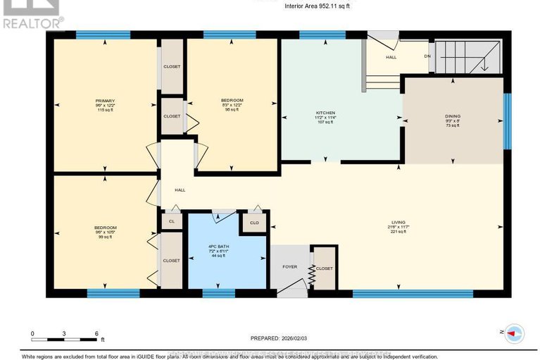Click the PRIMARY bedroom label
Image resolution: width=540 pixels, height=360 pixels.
105,101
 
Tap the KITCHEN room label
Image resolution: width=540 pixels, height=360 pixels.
325,112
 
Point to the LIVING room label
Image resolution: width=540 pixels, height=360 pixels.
398,222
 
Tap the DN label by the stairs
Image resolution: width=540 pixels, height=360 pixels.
427,56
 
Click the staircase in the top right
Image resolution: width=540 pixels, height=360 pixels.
468,56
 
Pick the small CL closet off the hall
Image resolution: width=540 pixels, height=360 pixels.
171,221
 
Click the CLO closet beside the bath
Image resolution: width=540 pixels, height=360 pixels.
253,223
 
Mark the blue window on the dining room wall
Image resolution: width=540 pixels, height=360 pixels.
507,120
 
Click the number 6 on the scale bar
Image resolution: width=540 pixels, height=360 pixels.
96,333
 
